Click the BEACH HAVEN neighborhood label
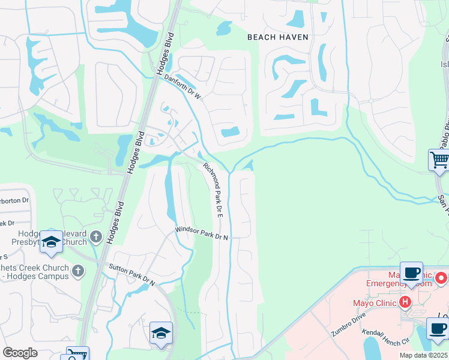coord(278,37)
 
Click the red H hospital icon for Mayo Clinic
coord(406,302)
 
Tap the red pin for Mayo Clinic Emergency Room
coord(441,278)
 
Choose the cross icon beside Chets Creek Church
coord(77,271)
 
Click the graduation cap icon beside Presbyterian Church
coord(52,242)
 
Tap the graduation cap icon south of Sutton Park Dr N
coord(161,334)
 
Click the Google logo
coord(20,353)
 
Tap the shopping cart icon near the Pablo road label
coord(439,161)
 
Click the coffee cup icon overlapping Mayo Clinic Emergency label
coord(412,274)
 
